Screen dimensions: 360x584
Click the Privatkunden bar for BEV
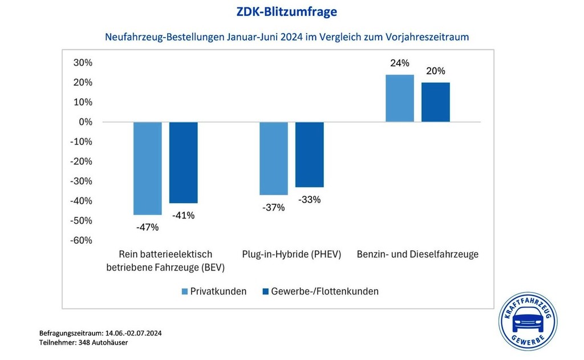pyautogui.click(x=148, y=168)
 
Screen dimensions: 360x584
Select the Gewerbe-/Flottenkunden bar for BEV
pyautogui.click(x=183, y=163)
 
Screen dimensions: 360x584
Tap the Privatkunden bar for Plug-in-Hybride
pyautogui.click(x=274, y=158)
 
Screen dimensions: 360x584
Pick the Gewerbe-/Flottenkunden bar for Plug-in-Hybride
pyautogui.click(x=310, y=155)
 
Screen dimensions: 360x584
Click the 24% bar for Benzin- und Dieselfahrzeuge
pyautogui.click(x=400, y=98)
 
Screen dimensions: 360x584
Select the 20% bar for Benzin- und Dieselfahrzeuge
pyautogui.click(x=436, y=102)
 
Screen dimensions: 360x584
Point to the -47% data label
pyautogui.click(x=148, y=227)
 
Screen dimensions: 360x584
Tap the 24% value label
pyautogui.click(x=400, y=63)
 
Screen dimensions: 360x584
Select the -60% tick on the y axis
pyautogui.click(x=81, y=240)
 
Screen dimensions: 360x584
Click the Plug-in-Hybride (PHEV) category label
pyautogui.click(x=291, y=254)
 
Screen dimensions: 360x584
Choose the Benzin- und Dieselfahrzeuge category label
pyautogui.click(x=417, y=254)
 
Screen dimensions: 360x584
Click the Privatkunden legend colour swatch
pyautogui.click(x=185, y=292)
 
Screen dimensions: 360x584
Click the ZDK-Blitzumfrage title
pyautogui.click(x=291, y=11)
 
